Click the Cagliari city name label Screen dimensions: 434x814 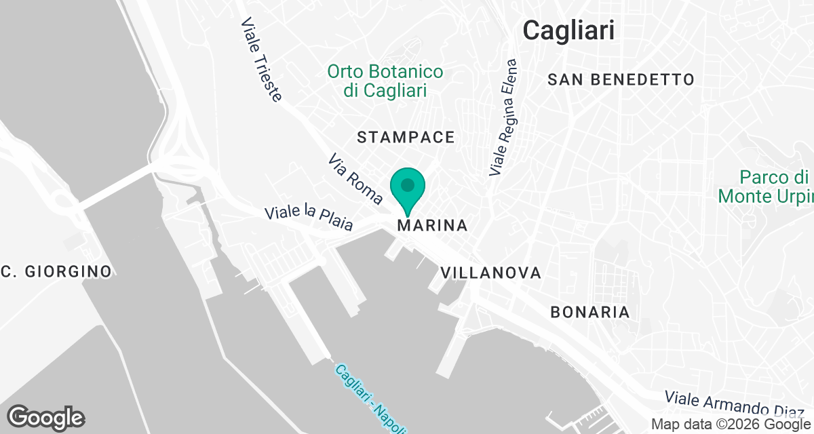[x=569, y=31]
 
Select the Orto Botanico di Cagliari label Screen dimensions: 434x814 [x=385, y=81]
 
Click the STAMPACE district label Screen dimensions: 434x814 [x=406, y=138]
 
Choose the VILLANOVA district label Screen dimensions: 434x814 [x=490, y=273]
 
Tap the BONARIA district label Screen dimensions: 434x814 [x=589, y=313]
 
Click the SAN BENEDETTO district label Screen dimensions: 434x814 [x=621, y=80]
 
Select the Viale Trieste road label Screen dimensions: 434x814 [x=260, y=59]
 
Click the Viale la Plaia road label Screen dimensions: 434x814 [x=309, y=218]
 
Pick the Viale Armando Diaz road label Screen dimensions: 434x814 [x=736, y=403]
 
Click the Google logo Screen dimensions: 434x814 [x=45, y=417]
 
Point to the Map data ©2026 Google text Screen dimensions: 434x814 [x=730, y=425]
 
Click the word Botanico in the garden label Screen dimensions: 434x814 [x=404, y=72]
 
